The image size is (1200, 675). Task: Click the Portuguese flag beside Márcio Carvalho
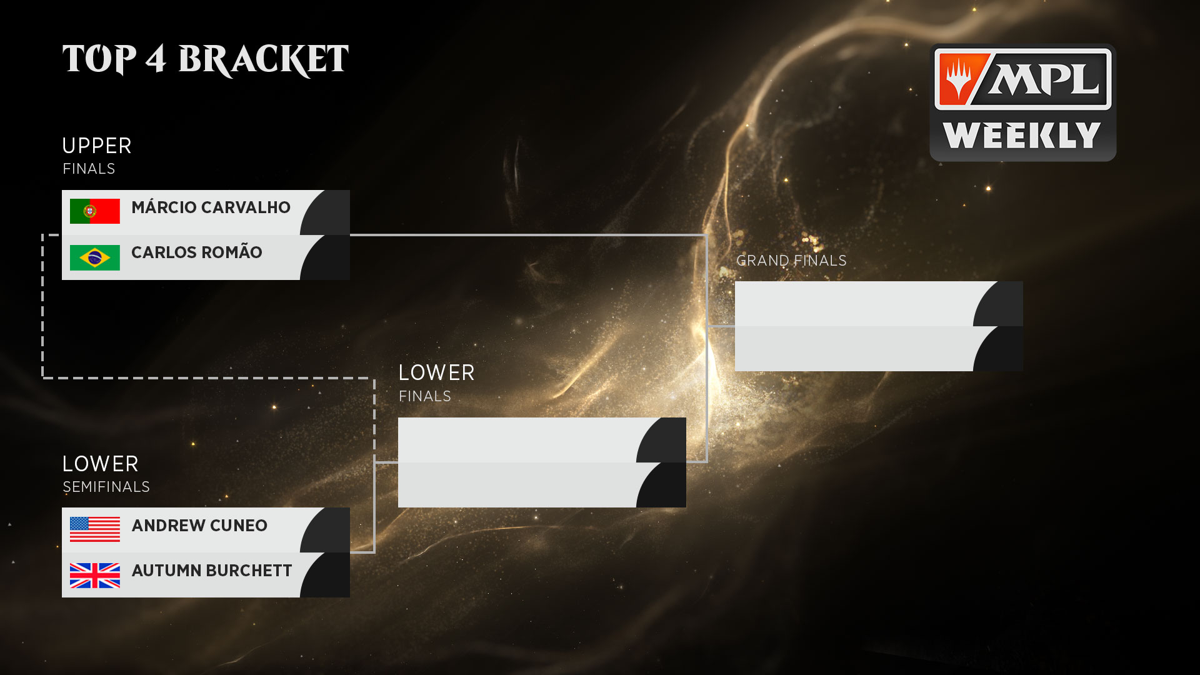(x=94, y=211)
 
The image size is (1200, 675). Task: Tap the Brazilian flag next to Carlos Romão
(x=94, y=257)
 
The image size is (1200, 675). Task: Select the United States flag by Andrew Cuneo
(x=94, y=529)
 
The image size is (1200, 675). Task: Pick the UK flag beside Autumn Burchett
(x=94, y=576)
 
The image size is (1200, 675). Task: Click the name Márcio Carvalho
(x=211, y=207)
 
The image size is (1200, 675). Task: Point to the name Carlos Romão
(x=196, y=252)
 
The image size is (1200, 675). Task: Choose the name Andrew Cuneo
(x=199, y=526)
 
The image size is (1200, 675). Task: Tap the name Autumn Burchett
(x=212, y=571)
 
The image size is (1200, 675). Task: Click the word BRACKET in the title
(x=263, y=60)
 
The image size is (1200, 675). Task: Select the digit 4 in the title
(x=156, y=60)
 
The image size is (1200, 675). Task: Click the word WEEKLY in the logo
(x=1022, y=136)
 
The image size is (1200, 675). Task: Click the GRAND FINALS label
(x=791, y=261)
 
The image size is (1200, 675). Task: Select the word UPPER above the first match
(x=97, y=146)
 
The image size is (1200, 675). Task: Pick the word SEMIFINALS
(x=106, y=487)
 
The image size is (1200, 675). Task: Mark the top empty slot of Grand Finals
(x=854, y=304)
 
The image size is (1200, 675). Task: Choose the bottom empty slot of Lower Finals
(x=517, y=485)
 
